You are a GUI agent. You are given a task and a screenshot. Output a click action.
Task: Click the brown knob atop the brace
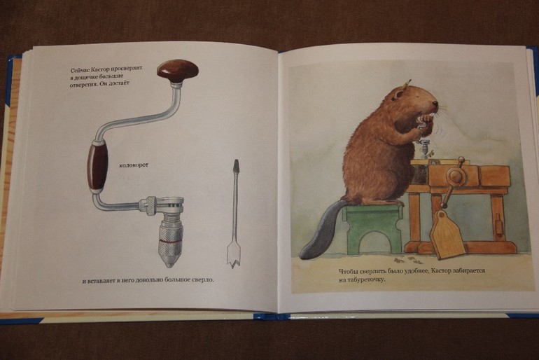pyautogui.click(x=178, y=71)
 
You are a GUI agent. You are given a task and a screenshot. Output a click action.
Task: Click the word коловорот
pyautogui.click(x=134, y=165)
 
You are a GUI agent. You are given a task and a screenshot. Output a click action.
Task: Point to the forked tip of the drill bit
pyautogui.click(x=233, y=262)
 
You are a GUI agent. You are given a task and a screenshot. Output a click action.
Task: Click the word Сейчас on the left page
pyautogui.click(x=78, y=71)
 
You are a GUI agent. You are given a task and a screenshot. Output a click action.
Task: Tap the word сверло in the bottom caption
pyautogui.click(x=203, y=279)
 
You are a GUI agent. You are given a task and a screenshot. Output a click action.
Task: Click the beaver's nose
pyautogui.click(x=435, y=103)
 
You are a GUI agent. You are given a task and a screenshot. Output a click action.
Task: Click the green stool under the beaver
pyautogui.click(x=372, y=228)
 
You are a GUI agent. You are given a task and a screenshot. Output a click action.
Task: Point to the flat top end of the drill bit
pyautogui.click(x=236, y=161)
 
